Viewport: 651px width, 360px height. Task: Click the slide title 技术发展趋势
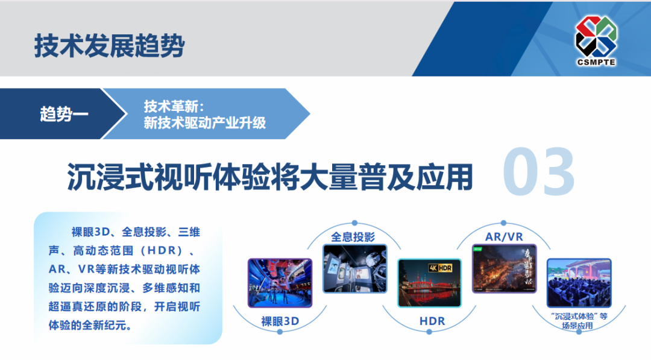click(109, 46)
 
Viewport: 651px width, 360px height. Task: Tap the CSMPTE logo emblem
click(596, 37)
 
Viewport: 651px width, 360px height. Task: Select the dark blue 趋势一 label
click(64, 114)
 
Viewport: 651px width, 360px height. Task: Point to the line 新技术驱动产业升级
click(205, 123)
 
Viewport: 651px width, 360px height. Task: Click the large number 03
click(538, 172)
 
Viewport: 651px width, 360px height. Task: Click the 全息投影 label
click(353, 237)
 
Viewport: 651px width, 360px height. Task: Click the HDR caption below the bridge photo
click(432, 321)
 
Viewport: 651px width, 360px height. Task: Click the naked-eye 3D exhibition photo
click(280, 283)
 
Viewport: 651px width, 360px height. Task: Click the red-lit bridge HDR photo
click(429, 283)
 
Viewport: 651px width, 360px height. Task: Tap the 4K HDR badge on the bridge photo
click(441, 267)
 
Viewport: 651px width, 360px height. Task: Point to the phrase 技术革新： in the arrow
click(175, 107)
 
